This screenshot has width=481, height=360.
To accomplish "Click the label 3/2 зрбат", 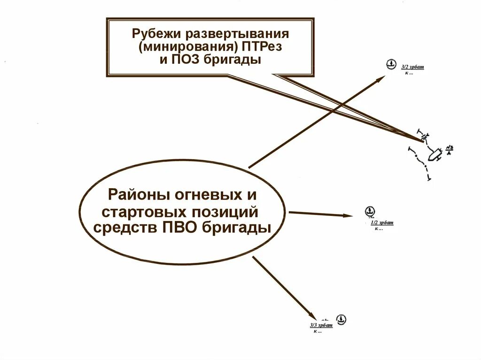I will [x=412, y=68].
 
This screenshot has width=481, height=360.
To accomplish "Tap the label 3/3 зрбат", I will [x=321, y=325].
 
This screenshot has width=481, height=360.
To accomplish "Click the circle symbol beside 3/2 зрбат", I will [x=390, y=64].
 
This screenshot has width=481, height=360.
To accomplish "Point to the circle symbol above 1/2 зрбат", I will [x=370, y=211].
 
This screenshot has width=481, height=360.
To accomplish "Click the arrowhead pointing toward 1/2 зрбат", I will [x=348, y=215].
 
